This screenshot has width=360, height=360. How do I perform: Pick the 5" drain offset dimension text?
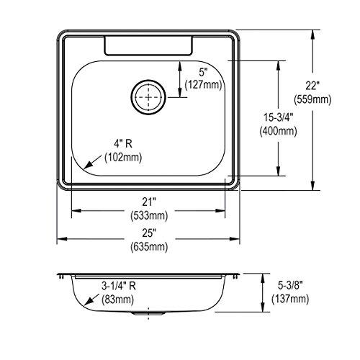coord(203,71)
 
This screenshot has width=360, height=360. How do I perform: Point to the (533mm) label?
coord(148,214)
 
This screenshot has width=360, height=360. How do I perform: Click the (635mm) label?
coord(148,246)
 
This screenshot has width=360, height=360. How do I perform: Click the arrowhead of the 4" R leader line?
coord(86,166)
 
